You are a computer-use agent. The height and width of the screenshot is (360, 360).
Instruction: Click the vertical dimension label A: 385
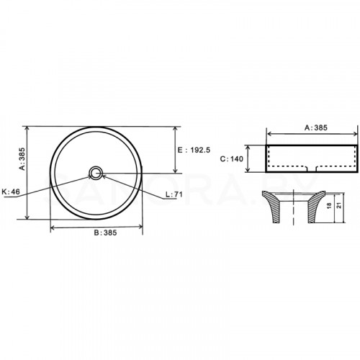tap(22, 159)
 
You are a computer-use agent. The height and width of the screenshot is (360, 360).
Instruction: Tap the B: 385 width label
tap(105, 233)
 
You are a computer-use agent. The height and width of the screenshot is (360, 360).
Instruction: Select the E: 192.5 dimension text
tap(194, 150)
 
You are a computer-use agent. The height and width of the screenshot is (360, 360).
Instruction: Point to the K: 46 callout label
tap(11, 192)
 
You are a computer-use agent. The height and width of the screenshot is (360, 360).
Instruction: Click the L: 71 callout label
tap(174, 194)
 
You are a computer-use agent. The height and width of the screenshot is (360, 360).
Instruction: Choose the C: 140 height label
tap(232, 159)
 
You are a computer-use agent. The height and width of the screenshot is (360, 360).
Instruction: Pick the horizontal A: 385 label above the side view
tap(316, 127)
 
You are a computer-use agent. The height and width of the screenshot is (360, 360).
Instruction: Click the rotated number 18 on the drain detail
tap(329, 205)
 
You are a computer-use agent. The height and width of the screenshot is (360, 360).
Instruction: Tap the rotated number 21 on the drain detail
tap(339, 205)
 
